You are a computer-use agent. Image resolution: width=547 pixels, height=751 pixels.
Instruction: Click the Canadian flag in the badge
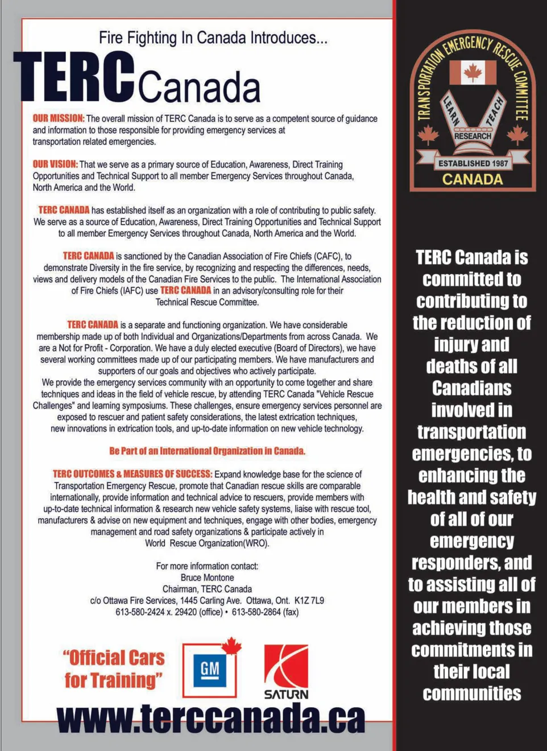[x=473, y=72]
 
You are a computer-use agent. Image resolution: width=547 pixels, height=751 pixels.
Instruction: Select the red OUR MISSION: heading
[x=58, y=118]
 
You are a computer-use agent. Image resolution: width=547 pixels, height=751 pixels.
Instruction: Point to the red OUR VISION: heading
[x=55, y=164]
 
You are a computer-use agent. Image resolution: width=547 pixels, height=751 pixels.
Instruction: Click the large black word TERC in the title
[x=74, y=77]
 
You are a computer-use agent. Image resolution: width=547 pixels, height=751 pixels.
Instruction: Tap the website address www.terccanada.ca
[x=211, y=718]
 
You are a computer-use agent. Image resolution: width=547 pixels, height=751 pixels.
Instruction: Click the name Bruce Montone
[x=207, y=577]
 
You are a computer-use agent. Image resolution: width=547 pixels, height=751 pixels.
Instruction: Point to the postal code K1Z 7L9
[x=309, y=600]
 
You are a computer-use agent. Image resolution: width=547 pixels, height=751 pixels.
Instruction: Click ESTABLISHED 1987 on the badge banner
[x=473, y=163]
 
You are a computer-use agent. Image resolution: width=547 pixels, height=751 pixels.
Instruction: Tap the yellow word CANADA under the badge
[x=473, y=179]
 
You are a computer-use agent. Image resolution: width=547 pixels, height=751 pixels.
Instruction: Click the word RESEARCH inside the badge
[x=473, y=136]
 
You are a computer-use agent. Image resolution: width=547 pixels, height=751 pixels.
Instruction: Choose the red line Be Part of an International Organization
[x=207, y=451]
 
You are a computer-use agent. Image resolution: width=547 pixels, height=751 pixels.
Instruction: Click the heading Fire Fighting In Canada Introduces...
[x=213, y=38]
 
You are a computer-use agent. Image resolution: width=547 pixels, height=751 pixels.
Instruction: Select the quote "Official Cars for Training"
[x=114, y=669]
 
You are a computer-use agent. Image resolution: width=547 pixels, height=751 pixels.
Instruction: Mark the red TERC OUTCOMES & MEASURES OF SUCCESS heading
[x=132, y=474]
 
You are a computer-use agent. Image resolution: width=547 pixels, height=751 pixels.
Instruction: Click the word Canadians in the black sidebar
[x=471, y=388]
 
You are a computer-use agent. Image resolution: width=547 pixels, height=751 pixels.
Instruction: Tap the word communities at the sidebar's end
[x=471, y=694]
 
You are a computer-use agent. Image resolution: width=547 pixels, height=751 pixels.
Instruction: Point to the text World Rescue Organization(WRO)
[x=207, y=543]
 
